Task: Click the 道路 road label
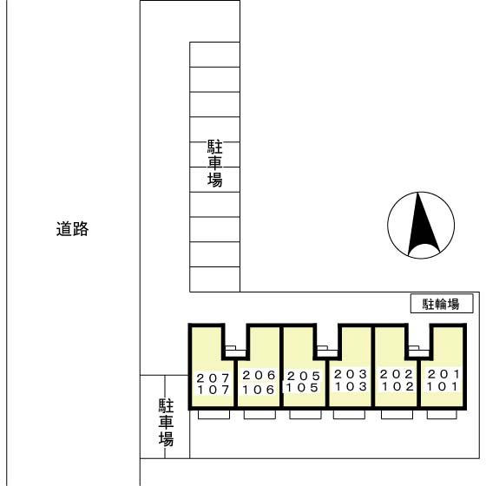(73, 230)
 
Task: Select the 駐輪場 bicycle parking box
(442, 304)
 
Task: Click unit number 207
(213, 378)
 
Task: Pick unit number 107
(213, 390)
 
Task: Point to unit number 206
(259, 375)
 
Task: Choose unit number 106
(259, 389)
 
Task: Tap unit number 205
(304, 376)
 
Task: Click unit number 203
(351, 374)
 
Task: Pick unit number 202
(397, 374)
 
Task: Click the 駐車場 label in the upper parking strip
(214, 163)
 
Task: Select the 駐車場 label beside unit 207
(166, 423)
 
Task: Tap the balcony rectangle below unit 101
(443, 414)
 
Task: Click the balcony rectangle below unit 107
(213, 415)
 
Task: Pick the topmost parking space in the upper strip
(214, 54)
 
